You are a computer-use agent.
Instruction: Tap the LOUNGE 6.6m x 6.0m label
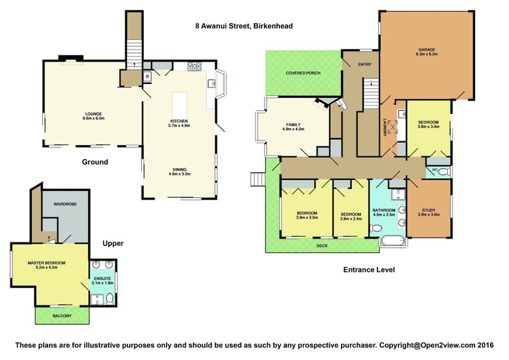point(94,116)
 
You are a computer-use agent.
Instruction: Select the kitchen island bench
point(179,102)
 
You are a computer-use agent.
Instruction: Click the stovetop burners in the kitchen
point(195,66)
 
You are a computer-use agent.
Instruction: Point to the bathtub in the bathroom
point(393,242)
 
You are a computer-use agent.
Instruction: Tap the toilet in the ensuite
point(110,299)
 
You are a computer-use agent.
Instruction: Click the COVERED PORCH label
point(303,73)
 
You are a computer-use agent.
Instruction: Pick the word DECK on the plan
point(322,246)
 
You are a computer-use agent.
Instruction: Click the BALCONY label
point(62,315)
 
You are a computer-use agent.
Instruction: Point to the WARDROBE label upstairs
point(65,204)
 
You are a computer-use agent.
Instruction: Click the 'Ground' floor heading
point(95,162)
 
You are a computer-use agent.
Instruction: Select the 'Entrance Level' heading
point(369,270)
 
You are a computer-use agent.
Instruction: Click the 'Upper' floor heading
point(113,244)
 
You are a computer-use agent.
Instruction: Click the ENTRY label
point(365,65)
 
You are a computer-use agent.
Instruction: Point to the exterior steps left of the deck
point(258,179)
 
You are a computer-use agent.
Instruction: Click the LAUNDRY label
point(385,127)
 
